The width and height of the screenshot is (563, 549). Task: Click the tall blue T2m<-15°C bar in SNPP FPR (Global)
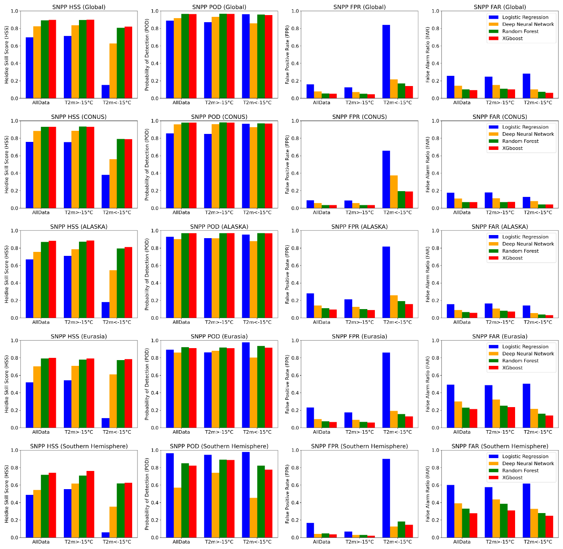(386, 62)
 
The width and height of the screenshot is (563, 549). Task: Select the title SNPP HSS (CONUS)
(79, 117)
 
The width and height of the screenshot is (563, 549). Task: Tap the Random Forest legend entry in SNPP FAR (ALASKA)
(520, 251)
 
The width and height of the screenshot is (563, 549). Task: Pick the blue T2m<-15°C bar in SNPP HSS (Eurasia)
(105, 423)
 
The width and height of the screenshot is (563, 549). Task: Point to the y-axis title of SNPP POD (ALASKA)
(147, 274)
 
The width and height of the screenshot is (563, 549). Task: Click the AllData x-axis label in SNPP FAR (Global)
(461, 103)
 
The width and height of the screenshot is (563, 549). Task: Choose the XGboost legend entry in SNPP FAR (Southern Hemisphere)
(512, 478)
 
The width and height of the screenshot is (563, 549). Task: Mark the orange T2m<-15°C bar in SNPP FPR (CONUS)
(394, 192)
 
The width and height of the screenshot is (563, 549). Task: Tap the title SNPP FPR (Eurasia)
(359, 337)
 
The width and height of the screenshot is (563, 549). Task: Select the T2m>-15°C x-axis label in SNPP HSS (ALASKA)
(79, 322)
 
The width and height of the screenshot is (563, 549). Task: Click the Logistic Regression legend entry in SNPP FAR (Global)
(525, 17)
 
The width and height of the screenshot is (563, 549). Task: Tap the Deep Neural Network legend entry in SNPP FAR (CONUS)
(528, 134)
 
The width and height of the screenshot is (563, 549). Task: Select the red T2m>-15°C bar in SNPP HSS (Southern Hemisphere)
(90, 504)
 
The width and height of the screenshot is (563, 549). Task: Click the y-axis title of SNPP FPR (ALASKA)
(287, 274)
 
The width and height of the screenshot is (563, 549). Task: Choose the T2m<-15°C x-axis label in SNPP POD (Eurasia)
(257, 432)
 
